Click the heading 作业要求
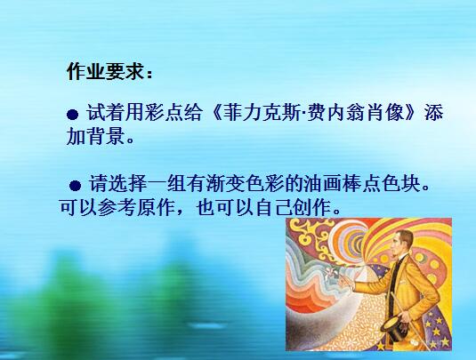tap(105, 72)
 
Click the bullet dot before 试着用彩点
tap(73, 115)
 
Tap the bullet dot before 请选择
tap(75, 185)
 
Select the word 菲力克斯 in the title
tap(264, 113)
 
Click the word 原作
tap(157, 207)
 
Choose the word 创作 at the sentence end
tap(313, 207)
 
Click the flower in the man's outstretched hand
tap(329, 272)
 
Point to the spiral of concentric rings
tap(349, 239)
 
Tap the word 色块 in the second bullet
tap(401, 183)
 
